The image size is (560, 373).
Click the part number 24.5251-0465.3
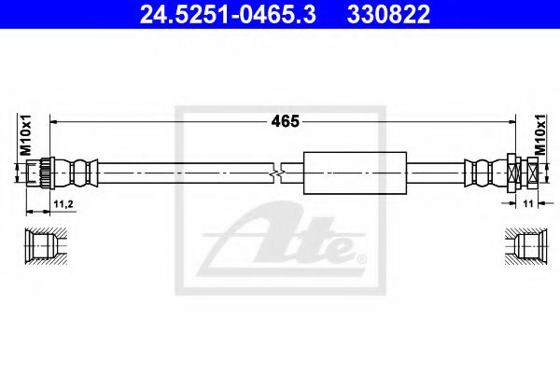[221, 16]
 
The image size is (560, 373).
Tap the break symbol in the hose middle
[278, 173]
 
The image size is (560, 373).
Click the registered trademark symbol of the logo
[362, 257]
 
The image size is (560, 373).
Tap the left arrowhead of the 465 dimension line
[53, 120]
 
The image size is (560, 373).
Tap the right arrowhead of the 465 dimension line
[510, 120]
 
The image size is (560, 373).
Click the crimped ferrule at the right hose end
[483, 173]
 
